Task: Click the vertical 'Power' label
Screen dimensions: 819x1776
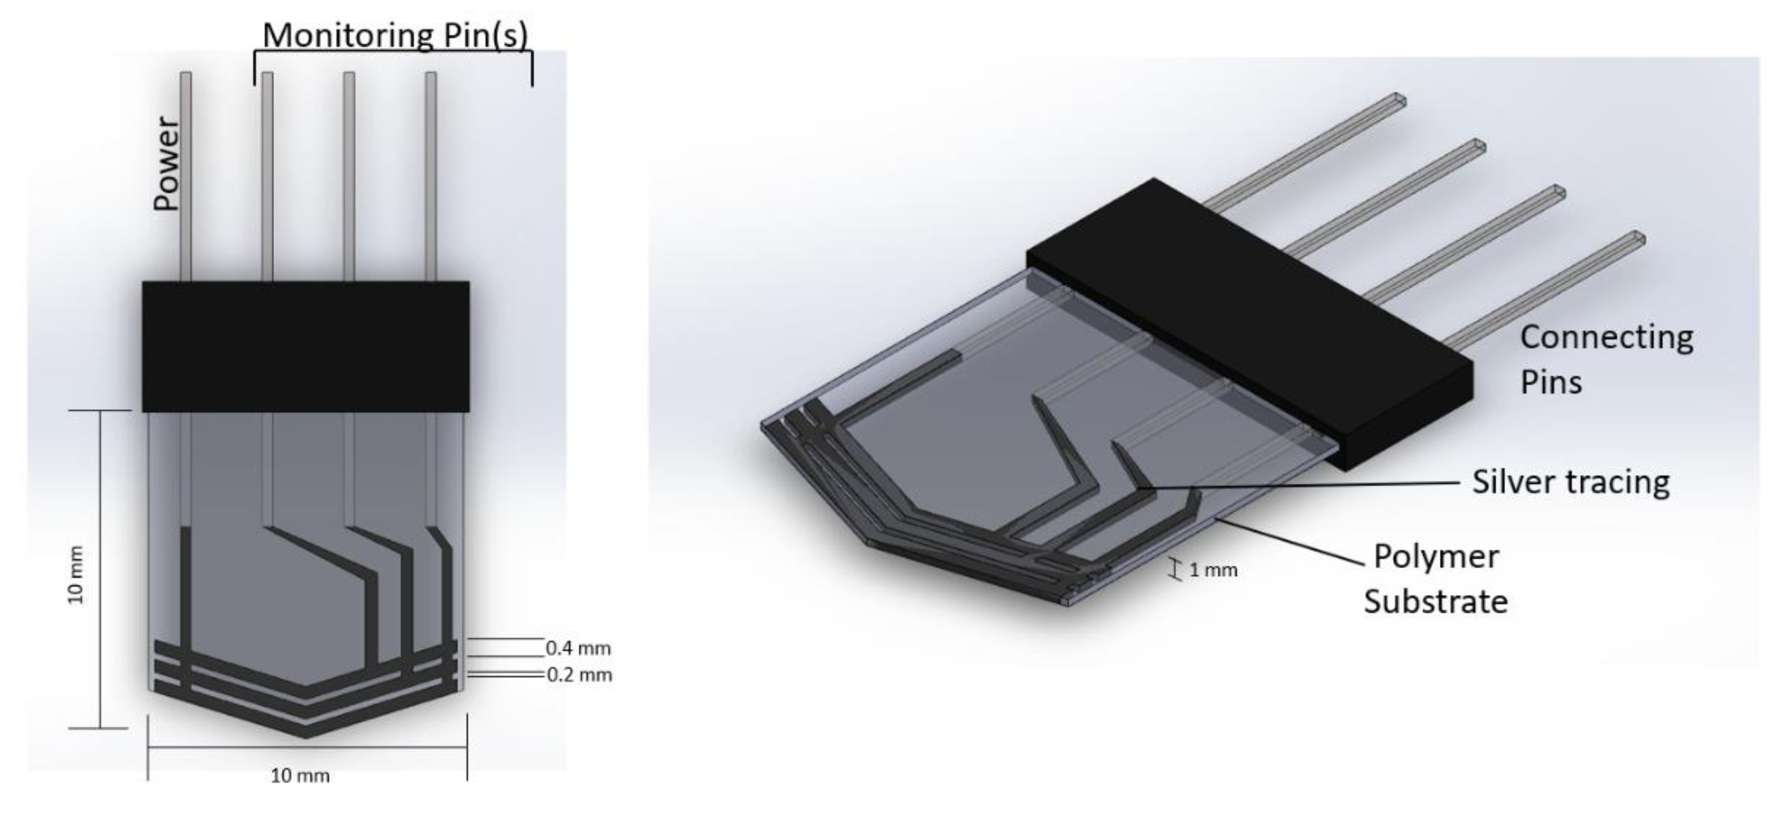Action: (167, 163)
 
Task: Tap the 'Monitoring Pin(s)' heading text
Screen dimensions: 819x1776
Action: (395, 35)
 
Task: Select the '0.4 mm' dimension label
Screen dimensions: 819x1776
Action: (578, 648)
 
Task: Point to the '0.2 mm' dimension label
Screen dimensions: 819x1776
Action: (579, 674)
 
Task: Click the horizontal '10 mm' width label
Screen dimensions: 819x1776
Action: (300, 775)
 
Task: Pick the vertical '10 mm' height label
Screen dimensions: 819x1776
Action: (76, 574)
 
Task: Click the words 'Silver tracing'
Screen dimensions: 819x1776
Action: (1570, 482)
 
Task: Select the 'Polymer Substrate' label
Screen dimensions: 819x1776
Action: (1436, 579)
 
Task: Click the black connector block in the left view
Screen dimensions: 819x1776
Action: (305, 346)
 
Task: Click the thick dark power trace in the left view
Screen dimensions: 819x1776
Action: (185, 586)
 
